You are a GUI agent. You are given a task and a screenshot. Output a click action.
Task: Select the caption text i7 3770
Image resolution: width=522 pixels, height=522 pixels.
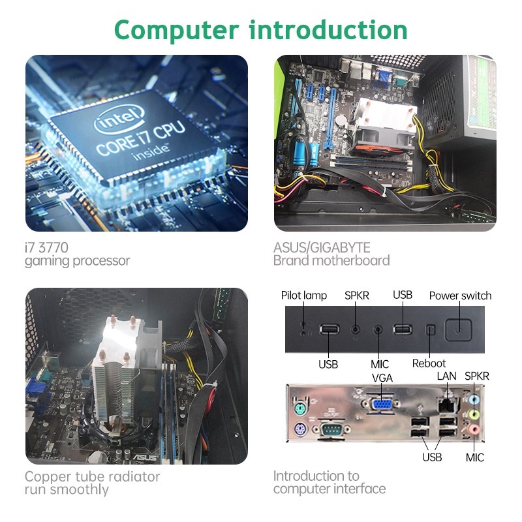[46, 247]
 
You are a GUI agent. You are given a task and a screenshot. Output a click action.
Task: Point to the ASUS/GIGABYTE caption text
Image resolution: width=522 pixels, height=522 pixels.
[322, 247]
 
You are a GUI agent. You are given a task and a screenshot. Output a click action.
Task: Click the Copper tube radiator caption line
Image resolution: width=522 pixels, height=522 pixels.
[92, 476]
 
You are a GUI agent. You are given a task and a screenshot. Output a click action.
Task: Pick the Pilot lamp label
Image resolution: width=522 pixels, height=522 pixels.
[304, 296]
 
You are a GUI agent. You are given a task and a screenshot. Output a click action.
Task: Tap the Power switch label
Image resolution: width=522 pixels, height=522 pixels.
[460, 296]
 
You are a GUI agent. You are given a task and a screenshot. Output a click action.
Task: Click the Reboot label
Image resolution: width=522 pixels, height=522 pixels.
[429, 363]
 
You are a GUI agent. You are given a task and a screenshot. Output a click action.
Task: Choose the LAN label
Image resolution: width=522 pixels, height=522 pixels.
[446, 376]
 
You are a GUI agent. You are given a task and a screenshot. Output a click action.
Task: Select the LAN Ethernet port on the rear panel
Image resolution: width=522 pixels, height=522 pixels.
[448, 405]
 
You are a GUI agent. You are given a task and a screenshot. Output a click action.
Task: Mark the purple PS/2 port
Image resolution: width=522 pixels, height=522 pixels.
[299, 431]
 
